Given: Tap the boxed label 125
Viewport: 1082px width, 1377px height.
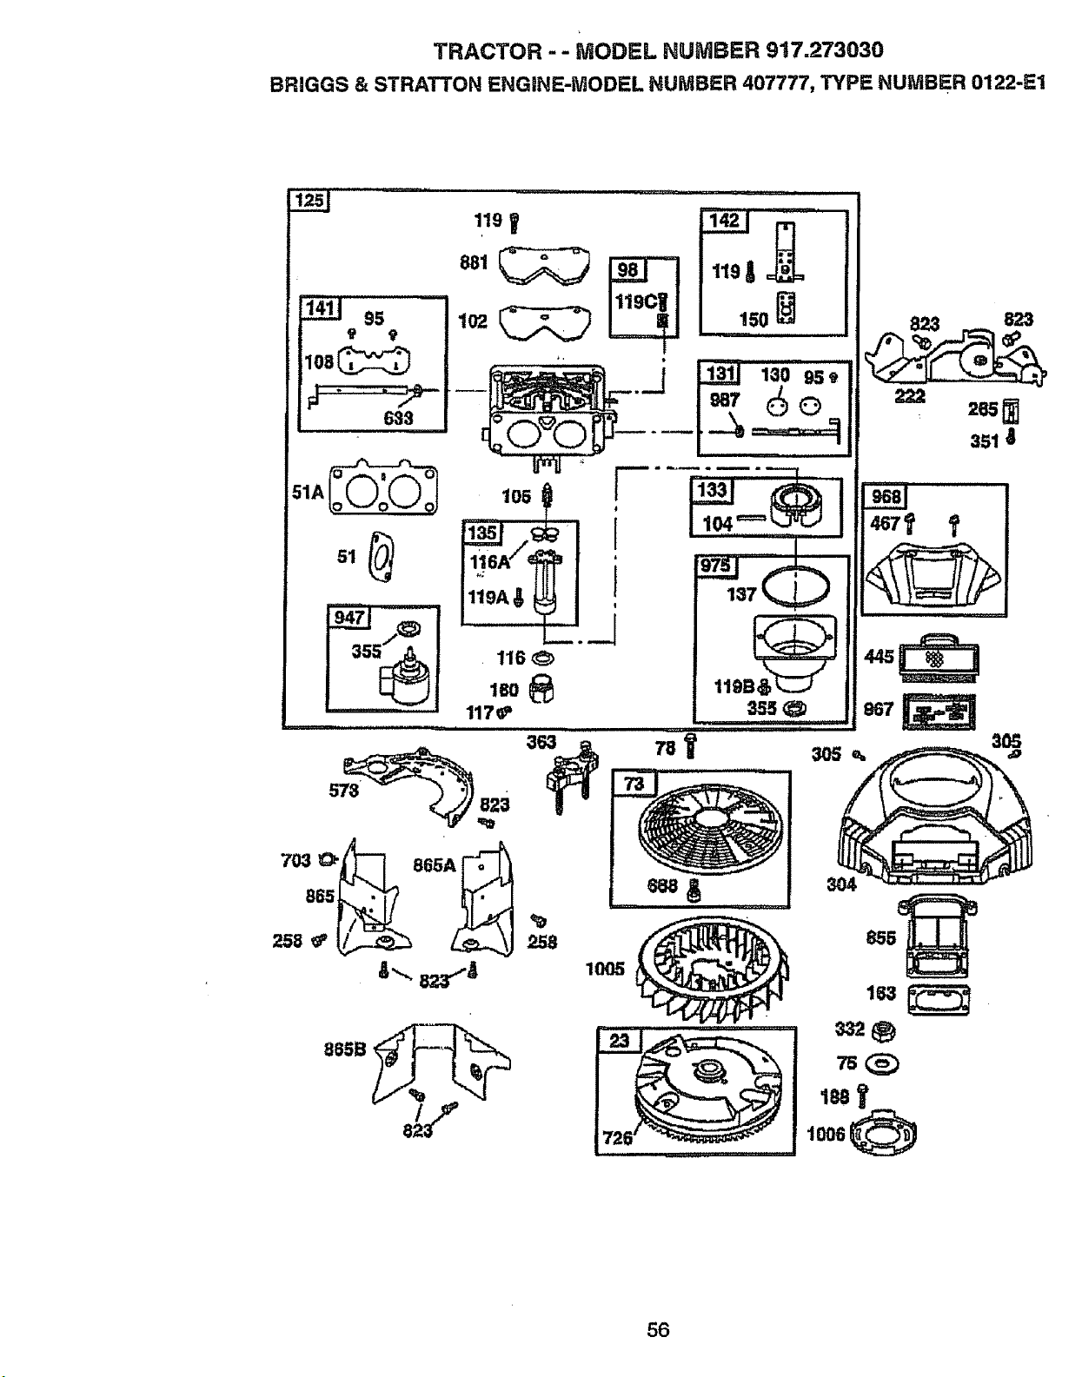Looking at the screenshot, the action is coord(309,201).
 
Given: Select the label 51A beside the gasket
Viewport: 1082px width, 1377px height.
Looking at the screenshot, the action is coord(308,493).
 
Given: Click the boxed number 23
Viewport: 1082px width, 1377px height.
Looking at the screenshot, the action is coord(619,1041).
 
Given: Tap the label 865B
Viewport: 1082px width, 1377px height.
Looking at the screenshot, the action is coord(345,1049).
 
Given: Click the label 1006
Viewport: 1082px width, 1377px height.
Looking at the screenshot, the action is coord(826,1134).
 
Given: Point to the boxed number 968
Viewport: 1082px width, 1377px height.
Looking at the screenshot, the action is coord(886,496).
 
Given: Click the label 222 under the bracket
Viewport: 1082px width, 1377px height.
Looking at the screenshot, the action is coord(910,396).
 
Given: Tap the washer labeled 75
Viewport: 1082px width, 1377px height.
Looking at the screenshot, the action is coord(881,1064).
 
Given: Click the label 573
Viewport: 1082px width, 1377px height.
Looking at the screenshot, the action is coord(343,791).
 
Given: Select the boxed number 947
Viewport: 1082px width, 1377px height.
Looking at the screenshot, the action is coord(348,617).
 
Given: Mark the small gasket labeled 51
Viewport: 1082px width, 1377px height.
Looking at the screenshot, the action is coord(383,556).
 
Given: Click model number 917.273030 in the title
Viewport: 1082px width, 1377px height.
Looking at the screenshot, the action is coord(825,50).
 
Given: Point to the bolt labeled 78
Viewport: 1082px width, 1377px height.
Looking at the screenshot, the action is coord(690,746).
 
